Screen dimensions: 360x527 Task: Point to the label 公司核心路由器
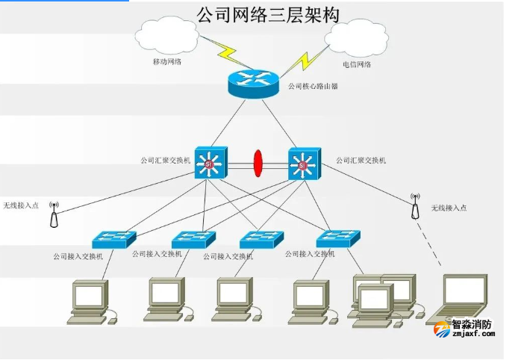[x=314, y=87]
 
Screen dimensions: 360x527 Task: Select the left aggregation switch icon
[x=210, y=162]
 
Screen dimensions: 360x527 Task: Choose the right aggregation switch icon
[x=304, y=162]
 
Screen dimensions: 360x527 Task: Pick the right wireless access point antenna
[x=414, y=207]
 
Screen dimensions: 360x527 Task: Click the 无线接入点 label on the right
[x=449, y=207]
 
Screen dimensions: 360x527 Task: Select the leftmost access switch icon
[x=113, y=239]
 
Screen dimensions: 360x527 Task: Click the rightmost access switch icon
[x=337, y=239]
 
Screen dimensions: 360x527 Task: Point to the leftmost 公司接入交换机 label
[x=78, y=255]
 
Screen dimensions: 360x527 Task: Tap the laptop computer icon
[x=463, y=299]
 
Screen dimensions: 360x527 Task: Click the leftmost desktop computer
[x=90, y=301]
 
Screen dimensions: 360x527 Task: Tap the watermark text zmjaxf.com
[x=474, y=335]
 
